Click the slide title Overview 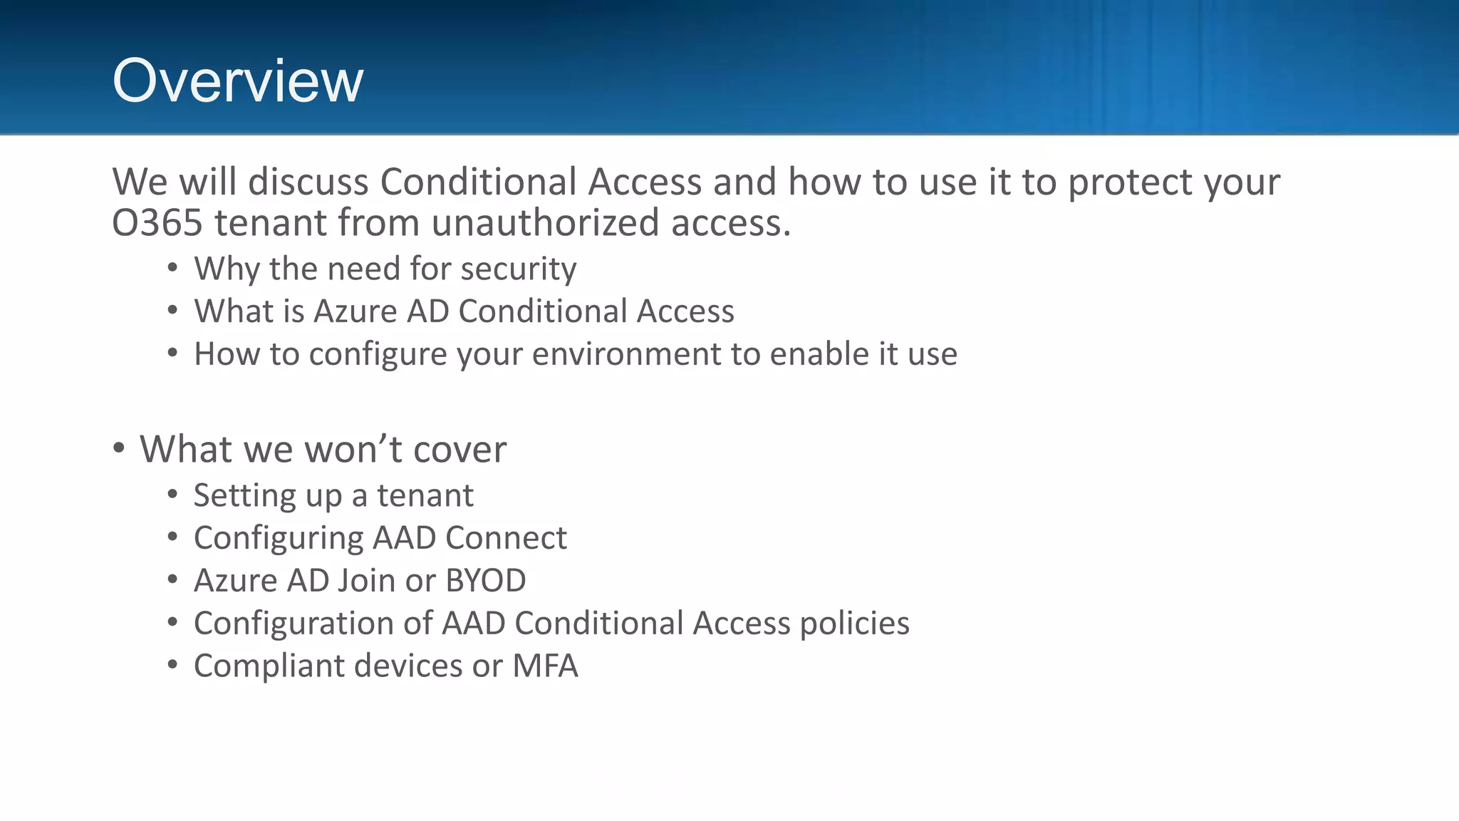click(x=237, y=81)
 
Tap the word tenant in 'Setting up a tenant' click(x=425, y=495)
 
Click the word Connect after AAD click(x=506, y=538)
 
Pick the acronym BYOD click(x=485, y=581)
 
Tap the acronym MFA click(x=545, y=666)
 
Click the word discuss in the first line click(x=308, y=182)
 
